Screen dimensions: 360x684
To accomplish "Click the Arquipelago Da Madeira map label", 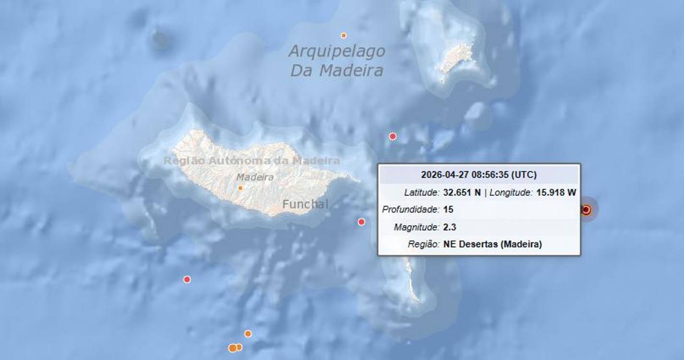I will (336, 61).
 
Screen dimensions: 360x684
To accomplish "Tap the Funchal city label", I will (305, 204).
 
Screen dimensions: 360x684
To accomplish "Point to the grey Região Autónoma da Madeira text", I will (252, 161).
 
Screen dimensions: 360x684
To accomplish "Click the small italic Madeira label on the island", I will (255, 177).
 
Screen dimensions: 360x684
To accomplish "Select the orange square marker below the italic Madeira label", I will (240, 188).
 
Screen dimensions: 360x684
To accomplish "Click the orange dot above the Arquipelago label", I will (344, 36).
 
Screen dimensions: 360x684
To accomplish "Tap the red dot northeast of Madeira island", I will (393, 136).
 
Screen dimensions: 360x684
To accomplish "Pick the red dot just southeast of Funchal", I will (361, 222).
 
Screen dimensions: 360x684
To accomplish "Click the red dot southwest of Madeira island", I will (187, 279).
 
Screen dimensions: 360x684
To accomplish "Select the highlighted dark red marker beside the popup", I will (586, 210).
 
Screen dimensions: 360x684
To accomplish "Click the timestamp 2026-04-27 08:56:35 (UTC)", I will (479, 175).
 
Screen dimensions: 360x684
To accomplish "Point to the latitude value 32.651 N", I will (462, 192).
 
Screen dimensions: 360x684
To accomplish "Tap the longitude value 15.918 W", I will (556, 192).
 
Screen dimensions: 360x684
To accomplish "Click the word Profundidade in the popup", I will (410, 210).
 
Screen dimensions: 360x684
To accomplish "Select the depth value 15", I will (448, 210).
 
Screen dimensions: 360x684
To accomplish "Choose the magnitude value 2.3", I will (450, 227).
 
